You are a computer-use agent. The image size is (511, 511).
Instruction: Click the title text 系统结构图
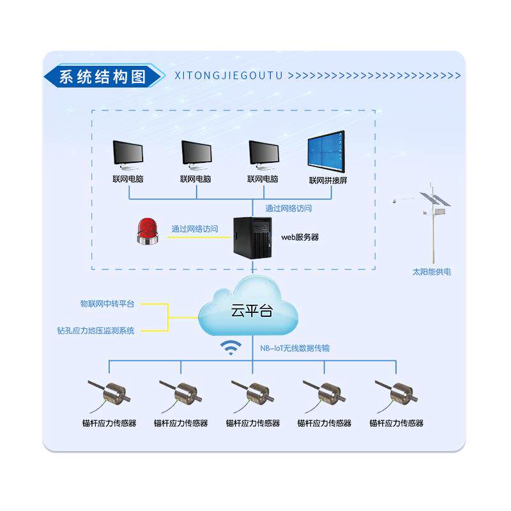click(102, 77)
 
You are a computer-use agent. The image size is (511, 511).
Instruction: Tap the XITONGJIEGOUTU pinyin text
click(228, 75)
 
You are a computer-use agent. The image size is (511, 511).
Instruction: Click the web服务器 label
click(300, 237)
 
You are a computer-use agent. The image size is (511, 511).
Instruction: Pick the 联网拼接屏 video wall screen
click(326, 152)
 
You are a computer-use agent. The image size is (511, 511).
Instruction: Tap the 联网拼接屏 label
click(328, 180)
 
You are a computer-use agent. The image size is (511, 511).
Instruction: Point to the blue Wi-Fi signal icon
click(231, 347)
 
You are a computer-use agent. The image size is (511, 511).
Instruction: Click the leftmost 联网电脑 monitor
click(127, 154)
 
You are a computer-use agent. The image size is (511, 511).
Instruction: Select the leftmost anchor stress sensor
click(113, 393)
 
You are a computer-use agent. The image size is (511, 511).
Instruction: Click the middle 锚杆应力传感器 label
click(253, 423)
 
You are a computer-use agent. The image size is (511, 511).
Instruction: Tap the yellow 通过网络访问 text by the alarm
click(194, 229)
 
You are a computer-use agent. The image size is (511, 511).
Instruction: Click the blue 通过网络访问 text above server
click(289, 208)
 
